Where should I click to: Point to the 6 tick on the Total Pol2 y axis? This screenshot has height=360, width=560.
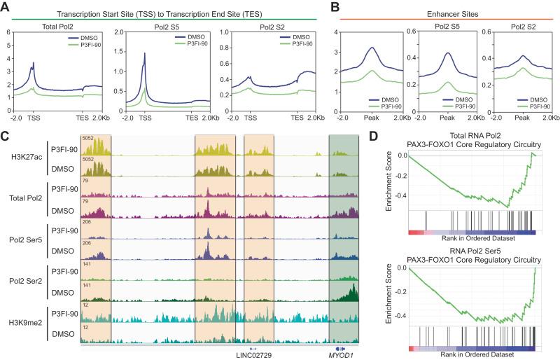tap(6, 32)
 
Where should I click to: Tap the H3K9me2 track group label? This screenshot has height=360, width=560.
tap(25, 321)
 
